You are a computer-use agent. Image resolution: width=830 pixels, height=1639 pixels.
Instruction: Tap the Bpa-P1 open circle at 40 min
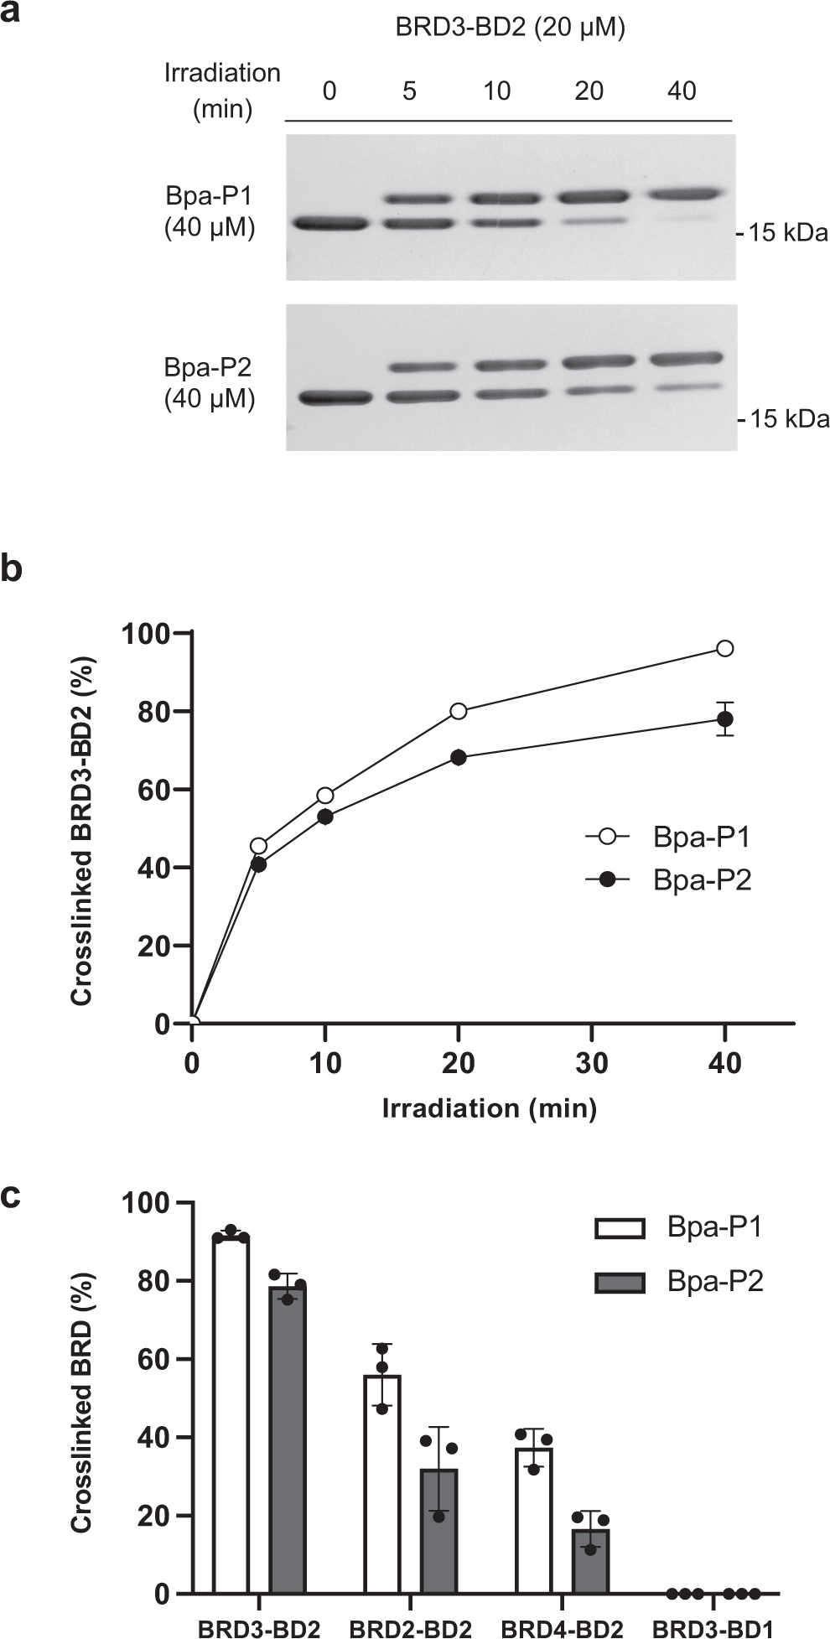click(x=725, y=648)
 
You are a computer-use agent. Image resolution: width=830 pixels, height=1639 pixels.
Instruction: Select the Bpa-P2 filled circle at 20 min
click(x=459, y=757)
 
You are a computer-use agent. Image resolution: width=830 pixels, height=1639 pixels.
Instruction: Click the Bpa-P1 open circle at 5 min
click(x=259, y=846)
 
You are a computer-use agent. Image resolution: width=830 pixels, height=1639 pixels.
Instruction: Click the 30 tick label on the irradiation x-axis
click(x=592, y=1063)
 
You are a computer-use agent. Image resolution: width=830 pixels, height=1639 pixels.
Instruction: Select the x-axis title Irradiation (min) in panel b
click(x=490, y=1108)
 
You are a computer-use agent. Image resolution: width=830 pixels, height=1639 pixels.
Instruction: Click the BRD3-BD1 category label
click(x=713, y=1628)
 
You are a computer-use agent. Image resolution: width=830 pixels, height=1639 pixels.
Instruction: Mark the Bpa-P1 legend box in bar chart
click(x=620, y=1228)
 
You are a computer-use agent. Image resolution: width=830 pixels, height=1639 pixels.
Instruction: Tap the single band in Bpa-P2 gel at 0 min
click(x=335, y=398)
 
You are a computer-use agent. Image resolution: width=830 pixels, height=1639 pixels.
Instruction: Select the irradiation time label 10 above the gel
click(x=496, y=91)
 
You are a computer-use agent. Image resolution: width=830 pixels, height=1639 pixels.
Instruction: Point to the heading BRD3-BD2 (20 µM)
click(x=511, y=28)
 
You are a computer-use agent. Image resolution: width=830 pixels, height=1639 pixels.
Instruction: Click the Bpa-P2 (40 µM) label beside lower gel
click(x=209, y=383)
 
